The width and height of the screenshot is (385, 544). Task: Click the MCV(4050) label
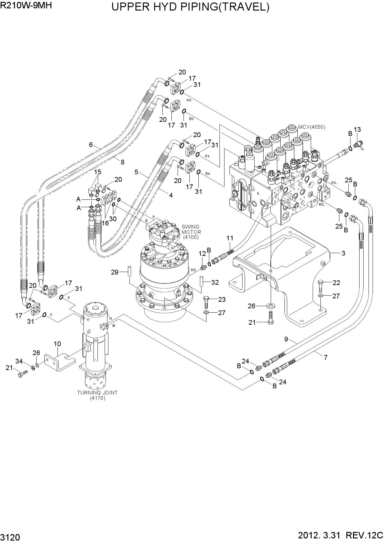click(312, 127)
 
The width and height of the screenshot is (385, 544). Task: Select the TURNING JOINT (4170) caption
click(97, 395)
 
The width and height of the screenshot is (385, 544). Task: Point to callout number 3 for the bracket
click(343, 253)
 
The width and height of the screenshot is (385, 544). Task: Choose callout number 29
click(115, 272)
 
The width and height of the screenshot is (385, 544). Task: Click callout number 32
click(215, 282)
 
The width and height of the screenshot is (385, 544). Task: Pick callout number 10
click(57, 344)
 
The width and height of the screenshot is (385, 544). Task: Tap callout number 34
click(19, 361)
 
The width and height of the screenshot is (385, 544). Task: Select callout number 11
click(230, 238)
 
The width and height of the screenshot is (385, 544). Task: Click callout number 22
click(336, 283)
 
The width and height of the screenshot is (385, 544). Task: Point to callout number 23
click(222, 299)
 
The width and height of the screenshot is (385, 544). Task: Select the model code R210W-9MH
click(26, 6)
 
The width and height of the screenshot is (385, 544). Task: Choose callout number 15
click(98, 172)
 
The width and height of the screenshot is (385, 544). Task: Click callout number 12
click(202, 254)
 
